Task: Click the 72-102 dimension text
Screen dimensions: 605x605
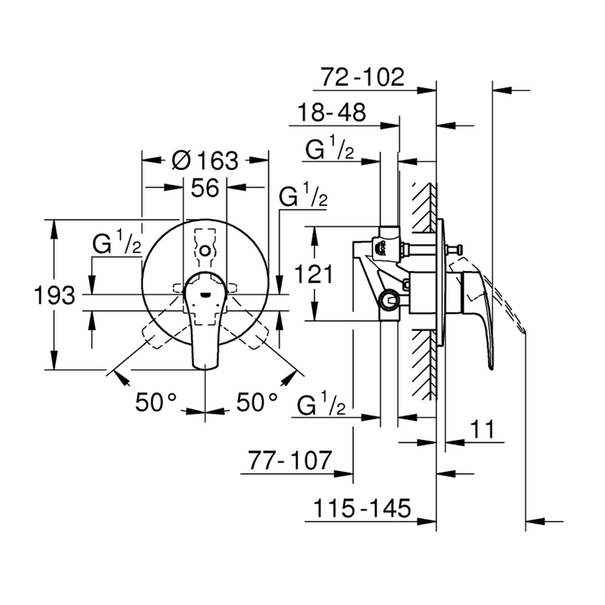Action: click(x=362, y=77)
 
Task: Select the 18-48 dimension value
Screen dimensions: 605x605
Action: click(x=331, y=113)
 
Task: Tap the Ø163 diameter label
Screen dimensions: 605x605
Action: click(x=206, y=160)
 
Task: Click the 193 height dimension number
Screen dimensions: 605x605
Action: click(x=54, y=295)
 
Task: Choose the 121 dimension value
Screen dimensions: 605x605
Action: click(x=313, y=275)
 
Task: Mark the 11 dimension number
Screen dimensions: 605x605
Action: click(x=482, y=430)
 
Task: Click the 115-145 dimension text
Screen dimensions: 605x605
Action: click(x=362, y=509)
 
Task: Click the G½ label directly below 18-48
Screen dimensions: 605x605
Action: click(x=330, y=149)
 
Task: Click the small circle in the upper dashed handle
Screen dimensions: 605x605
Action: click(x=205, y=251)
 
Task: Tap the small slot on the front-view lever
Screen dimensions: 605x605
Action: click(x=205, y=290)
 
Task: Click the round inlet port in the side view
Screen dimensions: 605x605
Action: click(x=389, y=300)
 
